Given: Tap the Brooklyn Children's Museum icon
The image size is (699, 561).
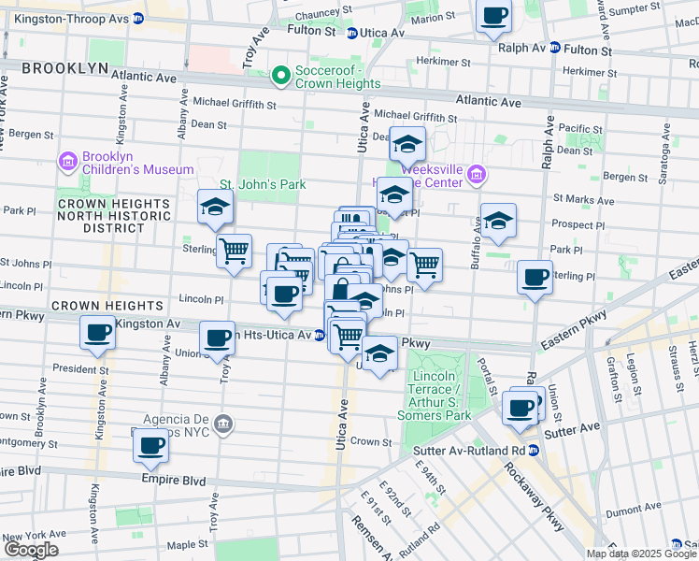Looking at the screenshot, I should pyautogui.click(x=67, y=163).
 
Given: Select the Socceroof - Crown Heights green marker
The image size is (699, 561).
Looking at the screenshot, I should pyautogui.click(x=279, y=75).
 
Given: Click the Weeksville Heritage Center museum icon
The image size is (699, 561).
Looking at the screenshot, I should pyautogui.click(x=477, y=175).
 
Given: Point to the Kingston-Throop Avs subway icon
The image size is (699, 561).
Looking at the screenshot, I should pyautogui.click(x=138, y=18).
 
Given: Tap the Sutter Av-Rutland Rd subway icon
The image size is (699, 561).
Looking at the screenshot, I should pyautogui.click(x=534, y=450).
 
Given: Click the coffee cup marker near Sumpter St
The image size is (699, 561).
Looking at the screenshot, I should pyautogui.click(x=493, y=16).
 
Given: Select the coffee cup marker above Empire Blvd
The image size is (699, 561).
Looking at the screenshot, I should pyautogui.click(x=150, y=447).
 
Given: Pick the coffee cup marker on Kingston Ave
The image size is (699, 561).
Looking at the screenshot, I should pyautogui.click(x=97, y=332).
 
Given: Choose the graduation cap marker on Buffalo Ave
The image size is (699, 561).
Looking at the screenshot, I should pyautogui.click(x=498, y=221).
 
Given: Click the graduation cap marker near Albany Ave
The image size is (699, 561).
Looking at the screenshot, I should pyautogui.click(x=215, y=208).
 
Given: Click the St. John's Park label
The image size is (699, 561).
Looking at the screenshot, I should pyautogui.click(x=263, y=184).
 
